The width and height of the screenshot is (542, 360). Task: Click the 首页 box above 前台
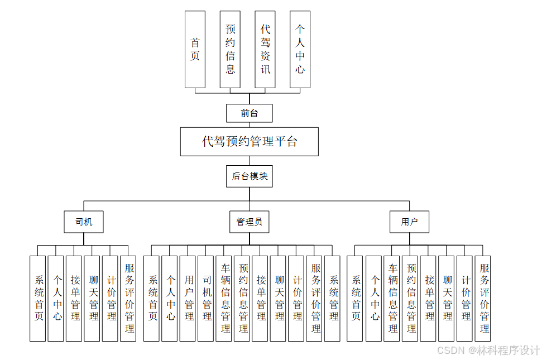pos(195,50)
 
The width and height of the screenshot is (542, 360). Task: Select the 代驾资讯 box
pos(265,50)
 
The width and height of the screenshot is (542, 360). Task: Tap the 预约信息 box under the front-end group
pos(230,50)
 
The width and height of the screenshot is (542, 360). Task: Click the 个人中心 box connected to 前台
pos(300,50)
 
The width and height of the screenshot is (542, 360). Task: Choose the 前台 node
pos(250,113)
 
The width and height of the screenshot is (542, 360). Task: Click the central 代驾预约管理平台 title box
pos(250,142)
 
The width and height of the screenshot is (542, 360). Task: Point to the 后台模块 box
pos(250,176)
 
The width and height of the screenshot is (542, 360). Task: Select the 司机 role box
pos(84,222)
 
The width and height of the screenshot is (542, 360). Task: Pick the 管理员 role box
pos(250,222)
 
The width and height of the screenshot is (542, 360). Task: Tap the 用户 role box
pos(410,222)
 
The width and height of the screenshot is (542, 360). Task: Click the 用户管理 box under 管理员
pos(189,298)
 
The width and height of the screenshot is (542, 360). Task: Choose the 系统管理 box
pos(333,298)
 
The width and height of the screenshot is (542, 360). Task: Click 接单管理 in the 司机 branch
pos(74,298)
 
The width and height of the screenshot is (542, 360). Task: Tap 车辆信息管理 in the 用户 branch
pos(392,298)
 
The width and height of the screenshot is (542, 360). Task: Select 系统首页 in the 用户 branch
pos(355,298)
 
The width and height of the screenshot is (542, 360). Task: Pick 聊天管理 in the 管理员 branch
pos(279,298)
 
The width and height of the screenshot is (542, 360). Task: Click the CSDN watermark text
pos(488,350)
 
